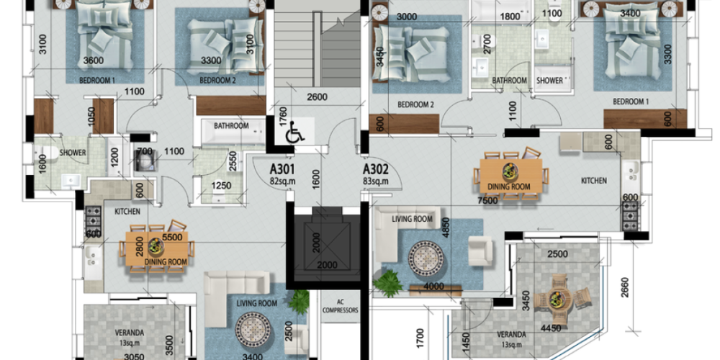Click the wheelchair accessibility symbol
click(294, 134)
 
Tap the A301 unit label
click(282, 170)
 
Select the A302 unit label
click(376, 170)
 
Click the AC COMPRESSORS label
click(340, 306)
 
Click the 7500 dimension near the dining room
click(488, 201)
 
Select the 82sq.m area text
click(282, 181)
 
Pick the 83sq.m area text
click(376, 181)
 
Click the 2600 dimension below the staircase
click(317, 97)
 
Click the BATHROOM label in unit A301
click(231, 126)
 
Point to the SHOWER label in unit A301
click(73, 153)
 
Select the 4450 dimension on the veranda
click(551, 329)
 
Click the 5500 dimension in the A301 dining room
click(172, 237)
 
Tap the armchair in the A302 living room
click(480, 251)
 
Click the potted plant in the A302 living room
click(389, 283)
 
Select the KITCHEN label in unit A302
click(594, 181)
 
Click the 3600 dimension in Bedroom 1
click(93, 60)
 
